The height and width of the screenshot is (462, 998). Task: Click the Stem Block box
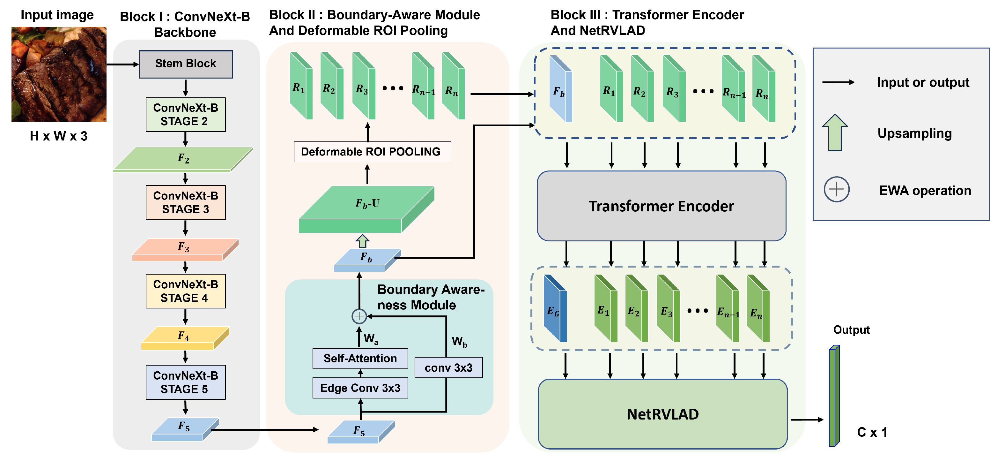(x=186, y=64)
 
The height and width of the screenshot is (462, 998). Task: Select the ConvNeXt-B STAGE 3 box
(x=186, y=202)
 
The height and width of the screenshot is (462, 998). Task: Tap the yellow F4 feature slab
(x=185, y=338)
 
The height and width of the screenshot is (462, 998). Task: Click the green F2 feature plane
(x=183, y=159)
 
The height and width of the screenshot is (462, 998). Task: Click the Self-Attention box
(x=360, y=359)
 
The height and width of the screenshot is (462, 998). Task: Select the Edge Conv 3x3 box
(x=360, y=388)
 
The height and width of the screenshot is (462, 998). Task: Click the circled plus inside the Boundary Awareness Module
(x=359, y=316)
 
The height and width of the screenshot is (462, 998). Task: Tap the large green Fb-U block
(x=366, y=209)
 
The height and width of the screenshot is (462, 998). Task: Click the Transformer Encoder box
(x=661, y=206)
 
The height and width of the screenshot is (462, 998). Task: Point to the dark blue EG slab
(x=555, y=309)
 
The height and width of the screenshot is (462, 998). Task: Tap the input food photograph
(x=59, y=74)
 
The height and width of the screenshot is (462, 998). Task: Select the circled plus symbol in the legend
(x=836, y=189)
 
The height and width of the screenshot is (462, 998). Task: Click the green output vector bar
(x=834, y=396)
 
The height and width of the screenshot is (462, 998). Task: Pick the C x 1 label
(x=872, y=432)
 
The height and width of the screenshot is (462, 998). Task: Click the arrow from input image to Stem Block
(x=122, y=64)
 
